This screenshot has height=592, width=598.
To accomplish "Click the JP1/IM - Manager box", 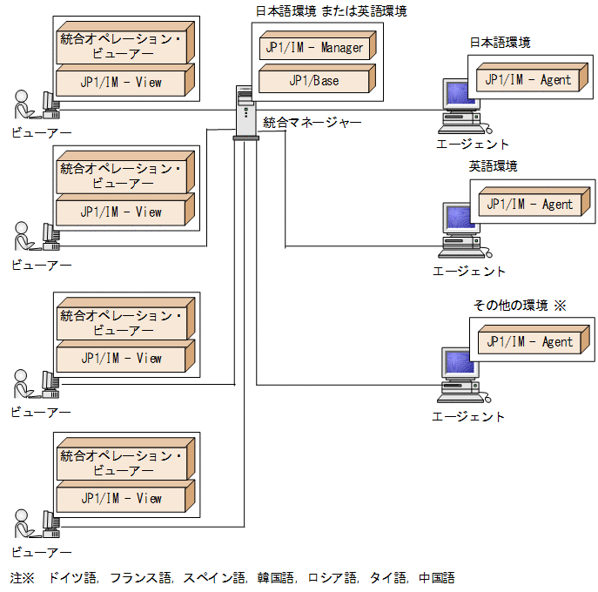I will (314, 47).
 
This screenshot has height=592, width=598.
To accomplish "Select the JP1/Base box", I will (314, 81).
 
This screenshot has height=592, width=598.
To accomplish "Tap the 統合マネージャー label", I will (312, 123).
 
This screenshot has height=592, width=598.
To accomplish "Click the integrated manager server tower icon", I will (245, 111).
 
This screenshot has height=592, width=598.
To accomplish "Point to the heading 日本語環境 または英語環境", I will (330, 11).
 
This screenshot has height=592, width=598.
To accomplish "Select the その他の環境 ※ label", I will (519, 305).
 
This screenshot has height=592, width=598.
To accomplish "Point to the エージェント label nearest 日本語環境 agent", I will (472, 145).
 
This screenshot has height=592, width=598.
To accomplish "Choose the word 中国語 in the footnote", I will (436, 577).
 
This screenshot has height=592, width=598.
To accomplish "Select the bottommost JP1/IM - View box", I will (121, 499).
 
